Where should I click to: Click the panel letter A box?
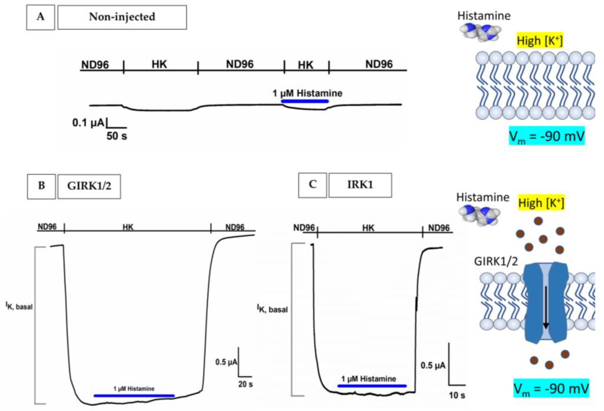(40, 17)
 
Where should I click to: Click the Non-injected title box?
(122, 17)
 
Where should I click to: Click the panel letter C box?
(312, 185)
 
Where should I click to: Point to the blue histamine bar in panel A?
(305, 101)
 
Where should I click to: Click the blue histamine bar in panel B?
(134, 396)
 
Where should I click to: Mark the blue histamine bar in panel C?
(372, 386)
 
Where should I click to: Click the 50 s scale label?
(117, 136)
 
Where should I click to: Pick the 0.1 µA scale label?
(88, 123)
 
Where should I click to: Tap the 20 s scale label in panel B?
(245, 384)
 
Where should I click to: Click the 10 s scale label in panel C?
(457, 395)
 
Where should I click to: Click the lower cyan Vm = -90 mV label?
(551, 389)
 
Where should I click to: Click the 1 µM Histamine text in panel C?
(369, 379)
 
